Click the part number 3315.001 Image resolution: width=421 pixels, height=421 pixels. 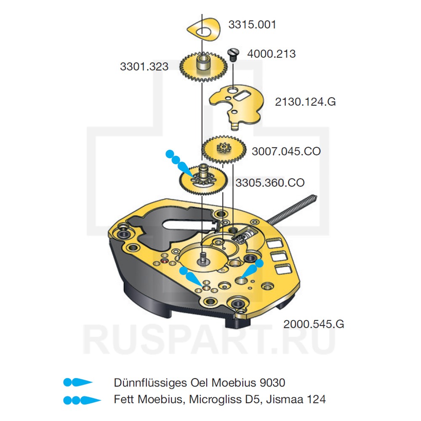252,24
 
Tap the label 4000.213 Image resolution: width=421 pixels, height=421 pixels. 271,54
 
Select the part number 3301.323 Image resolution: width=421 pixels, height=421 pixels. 144,67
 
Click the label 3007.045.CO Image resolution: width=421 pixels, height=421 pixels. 286,151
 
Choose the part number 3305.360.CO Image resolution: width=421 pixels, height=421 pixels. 270,183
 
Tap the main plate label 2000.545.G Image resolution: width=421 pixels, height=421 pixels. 314,324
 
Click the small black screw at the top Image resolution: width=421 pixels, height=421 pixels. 233,54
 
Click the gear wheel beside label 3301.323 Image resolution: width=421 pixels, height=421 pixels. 202,67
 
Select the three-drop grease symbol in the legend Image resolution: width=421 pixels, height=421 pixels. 82,399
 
